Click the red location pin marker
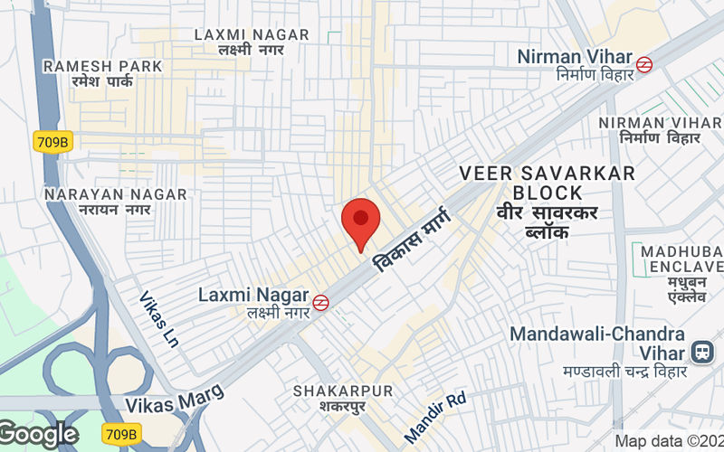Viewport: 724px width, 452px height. (x=360, y=221)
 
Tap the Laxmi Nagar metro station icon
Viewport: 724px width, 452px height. (x=320, y=303)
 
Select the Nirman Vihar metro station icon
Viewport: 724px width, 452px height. (x=644, y=64)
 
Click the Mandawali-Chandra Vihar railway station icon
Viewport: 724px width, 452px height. (x=700, y=353)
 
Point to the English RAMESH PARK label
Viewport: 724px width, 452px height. (x=102, y=66)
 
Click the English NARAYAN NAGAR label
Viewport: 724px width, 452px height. (x=115, y=194)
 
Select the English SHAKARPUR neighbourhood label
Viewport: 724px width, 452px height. (x=343, y=391)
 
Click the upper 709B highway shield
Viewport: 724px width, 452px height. (x=52, y=141)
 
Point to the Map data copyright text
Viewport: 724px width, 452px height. (x=669, y=441)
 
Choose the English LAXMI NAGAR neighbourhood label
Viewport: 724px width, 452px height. (x=252, y=35)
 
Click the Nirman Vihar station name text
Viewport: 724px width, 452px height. (x=574, y=57)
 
